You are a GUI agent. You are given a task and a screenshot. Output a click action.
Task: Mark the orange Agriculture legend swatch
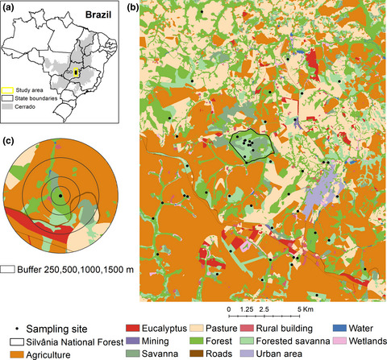coord(11,352)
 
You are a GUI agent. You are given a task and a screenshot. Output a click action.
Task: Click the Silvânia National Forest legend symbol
coord(11,340)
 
